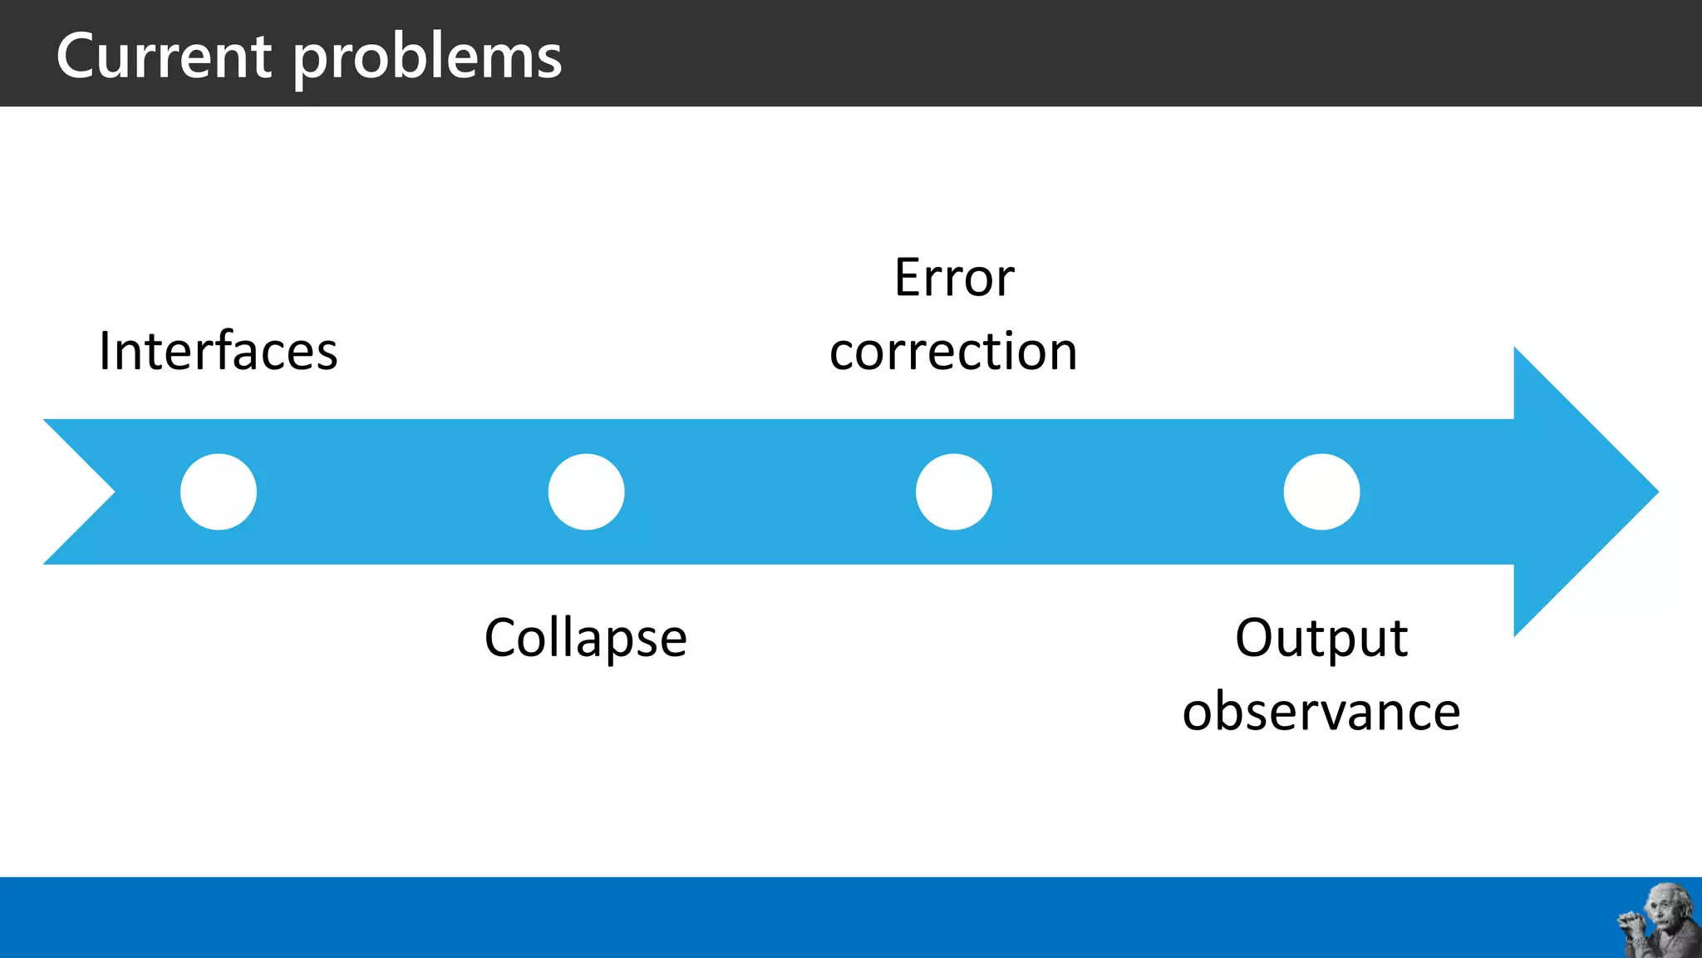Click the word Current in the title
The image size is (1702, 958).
pyautogui.click(x=164, y=56)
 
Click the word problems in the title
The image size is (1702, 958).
pyautogui.click(x=428, y=58)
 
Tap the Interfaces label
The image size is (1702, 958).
pyautogui.click(x=218, y=351)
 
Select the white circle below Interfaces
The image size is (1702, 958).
pyautogui.click(x=219, y=491)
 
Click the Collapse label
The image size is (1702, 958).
pyautogui.click(x=585, y=639)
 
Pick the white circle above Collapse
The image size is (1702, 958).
pyautogui.click(x=586, y=491)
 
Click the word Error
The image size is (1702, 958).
pyautogui.click(x=954, y=278)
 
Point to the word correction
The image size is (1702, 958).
pyautogui.click(x=953, y=351)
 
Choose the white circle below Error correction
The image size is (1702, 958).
pyautogui.click(x=954, y=491)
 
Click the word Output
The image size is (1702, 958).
pyautogui.click(x=1321, y=638)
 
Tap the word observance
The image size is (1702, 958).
pyautogui.click(x=1321, y=712)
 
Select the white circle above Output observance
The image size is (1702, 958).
pyautogui.click(x=1321, y=491)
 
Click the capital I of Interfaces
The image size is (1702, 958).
pyautogui.click(x=105, y=351)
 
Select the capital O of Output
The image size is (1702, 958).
pyautogui.click(x=1257, y=638)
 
